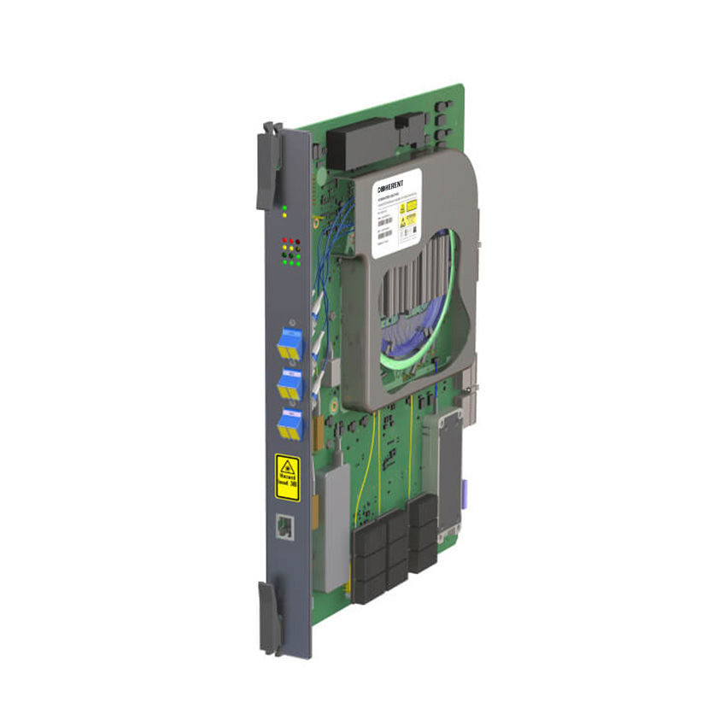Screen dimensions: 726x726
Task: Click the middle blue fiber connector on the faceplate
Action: (290, 385)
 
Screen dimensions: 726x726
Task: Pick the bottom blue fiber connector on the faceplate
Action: (290, 424)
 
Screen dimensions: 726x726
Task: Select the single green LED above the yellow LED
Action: (284, 207)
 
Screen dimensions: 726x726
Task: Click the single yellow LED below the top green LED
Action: (284, 215)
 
